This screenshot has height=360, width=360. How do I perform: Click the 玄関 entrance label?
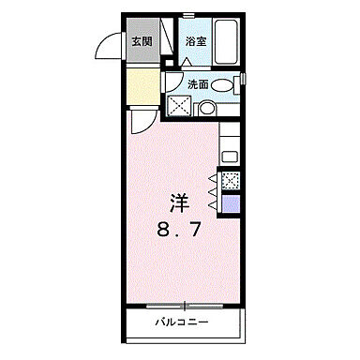141,41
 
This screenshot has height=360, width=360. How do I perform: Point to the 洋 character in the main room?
179,200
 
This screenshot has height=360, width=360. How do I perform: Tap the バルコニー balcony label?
182,323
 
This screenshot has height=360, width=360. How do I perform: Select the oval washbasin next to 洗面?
223,85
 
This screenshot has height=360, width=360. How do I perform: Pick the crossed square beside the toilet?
178,105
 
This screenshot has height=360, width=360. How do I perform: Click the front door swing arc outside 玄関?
111,47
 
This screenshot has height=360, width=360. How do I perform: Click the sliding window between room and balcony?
184,304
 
